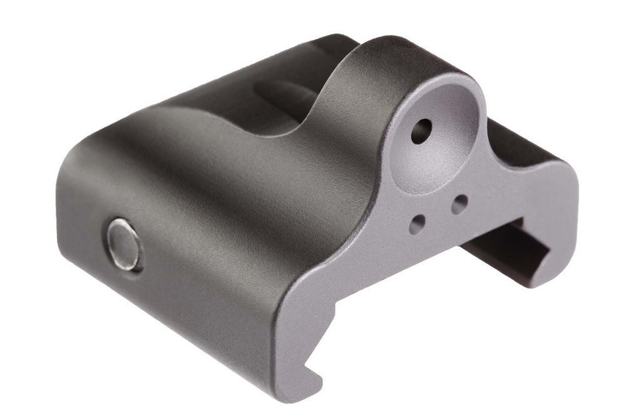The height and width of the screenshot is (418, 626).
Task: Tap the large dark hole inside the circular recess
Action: tap(421, 130)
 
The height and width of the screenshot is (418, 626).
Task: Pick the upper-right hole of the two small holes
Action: tap(459, 204)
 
